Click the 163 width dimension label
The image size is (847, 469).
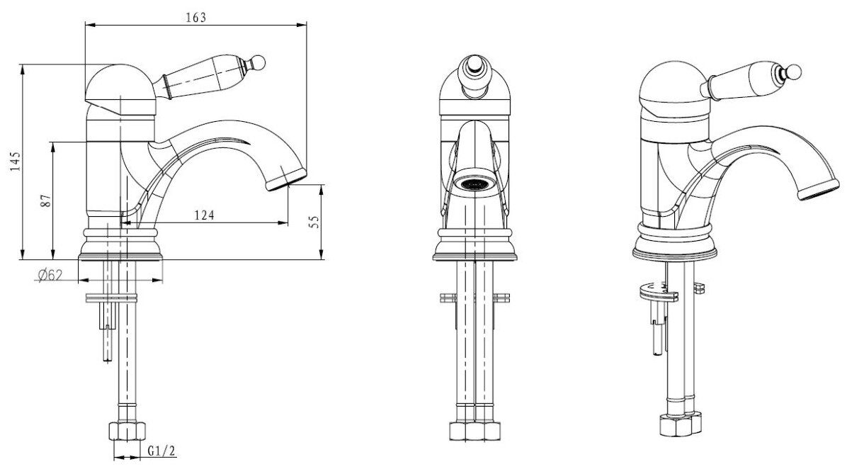click(x=197, y=18)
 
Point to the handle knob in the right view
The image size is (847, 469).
click(x=795, y=72)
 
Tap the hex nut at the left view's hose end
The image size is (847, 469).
click(x=127, y=431)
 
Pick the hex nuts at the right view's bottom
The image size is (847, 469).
click(x=677, y=424)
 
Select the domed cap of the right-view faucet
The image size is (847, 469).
click(x=670, y=84)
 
